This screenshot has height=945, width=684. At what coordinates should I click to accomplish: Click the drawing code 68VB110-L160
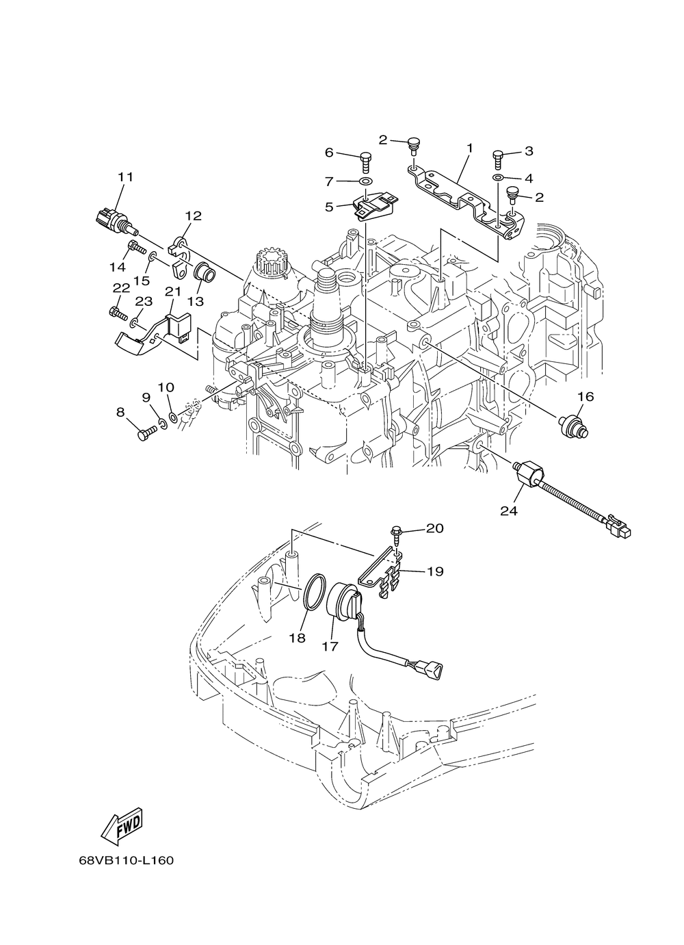click(126, 860)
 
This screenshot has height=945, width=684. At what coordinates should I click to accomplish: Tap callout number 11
click(124, 177)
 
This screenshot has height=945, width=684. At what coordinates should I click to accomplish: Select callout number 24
click(528, 510)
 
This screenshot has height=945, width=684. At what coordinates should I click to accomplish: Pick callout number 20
click(435, 528)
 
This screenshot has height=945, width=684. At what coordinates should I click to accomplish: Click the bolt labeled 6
click(365, 162)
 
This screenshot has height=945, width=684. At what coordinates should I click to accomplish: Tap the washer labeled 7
click(366, 181)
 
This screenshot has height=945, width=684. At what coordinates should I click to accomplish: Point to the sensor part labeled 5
click(371, 207)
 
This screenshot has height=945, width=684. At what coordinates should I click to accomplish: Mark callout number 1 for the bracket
click(470, 147)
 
